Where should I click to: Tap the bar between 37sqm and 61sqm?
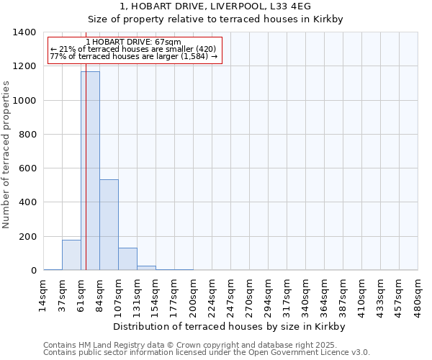tap(71, 255)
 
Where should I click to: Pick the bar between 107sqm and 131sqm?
tap(127, 259)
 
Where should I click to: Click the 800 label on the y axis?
tap(27, 135)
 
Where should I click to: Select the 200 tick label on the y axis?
tap(27, 237)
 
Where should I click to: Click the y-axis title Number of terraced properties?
tap(7, 154)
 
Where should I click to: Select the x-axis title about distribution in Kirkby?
tap(230, 327)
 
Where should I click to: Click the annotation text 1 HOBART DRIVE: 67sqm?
tap(133, 42)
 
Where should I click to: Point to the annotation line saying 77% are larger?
tap(133, 56)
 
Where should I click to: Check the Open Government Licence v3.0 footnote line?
tap(207, 353)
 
